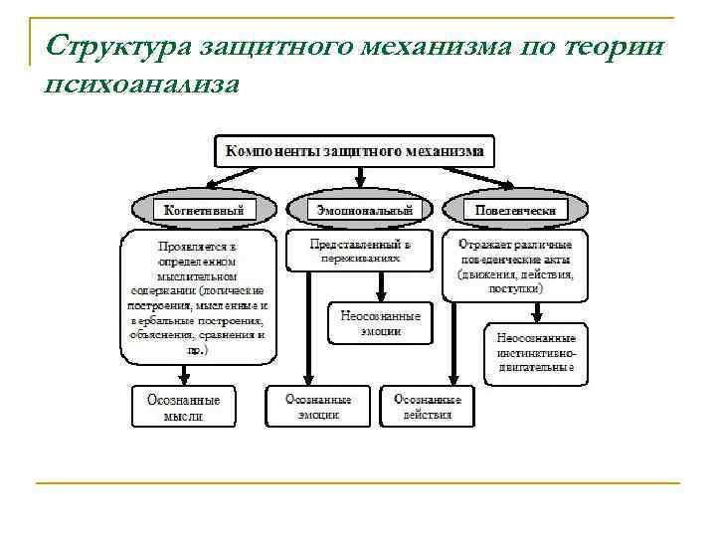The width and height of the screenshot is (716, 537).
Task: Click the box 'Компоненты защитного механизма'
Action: coord(354,151)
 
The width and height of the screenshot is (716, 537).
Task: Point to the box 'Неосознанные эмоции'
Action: coord(380,323)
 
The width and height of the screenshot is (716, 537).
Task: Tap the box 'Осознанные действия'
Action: coord(428,407)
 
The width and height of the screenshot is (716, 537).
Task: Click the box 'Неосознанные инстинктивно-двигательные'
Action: coord(535,353)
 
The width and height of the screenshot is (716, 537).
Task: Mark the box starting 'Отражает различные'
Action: coord(514,266)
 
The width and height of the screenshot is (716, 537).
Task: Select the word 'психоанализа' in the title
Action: coord(142,85)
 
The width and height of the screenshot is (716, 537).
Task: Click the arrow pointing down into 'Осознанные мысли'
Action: coord(184,374)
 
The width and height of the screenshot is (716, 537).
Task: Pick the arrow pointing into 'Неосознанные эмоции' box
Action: coord(381,287)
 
